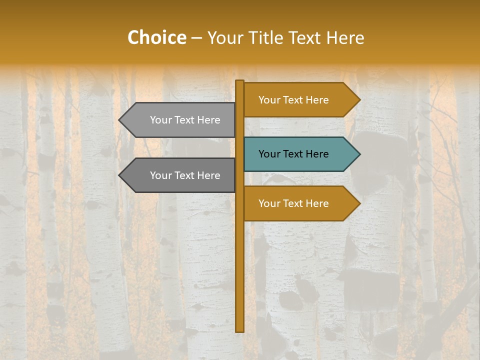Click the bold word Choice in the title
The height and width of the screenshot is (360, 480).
point(156,37)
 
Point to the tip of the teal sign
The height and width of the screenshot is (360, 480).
point(359,154)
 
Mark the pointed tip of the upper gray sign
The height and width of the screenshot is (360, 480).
point(120,120)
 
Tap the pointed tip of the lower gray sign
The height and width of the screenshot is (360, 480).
point(120,175)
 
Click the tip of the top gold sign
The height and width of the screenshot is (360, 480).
point(359,100)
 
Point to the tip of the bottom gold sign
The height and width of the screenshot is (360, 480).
point(359,203)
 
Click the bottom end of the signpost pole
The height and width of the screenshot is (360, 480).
point(240,330)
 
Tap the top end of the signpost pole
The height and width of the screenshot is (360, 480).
point(240,82)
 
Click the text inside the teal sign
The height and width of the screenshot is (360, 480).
point(293,154)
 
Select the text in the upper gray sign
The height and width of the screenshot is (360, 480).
point(185,120)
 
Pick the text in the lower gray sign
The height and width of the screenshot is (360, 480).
point(185,175)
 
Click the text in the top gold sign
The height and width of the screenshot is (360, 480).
point(293,100)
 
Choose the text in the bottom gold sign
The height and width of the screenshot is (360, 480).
point(293,203)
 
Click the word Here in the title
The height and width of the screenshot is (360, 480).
point(345,38)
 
